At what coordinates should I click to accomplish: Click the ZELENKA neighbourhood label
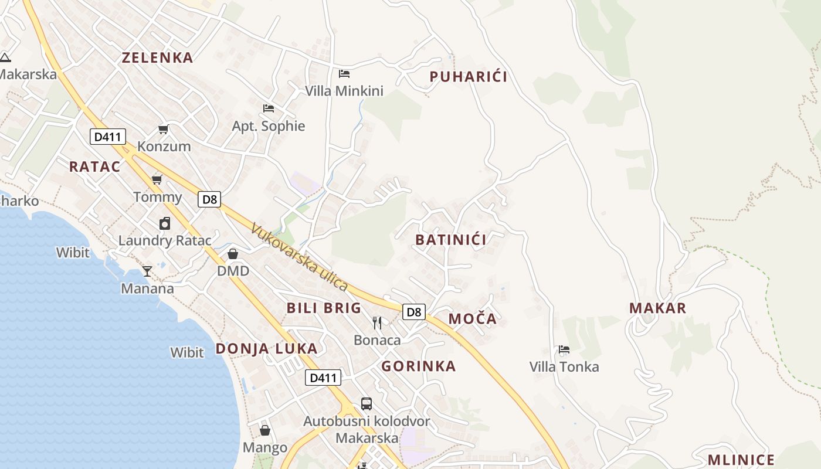pyautogui.click(x=157, y=57)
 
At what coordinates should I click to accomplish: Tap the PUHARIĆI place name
pyautogui.click(x=468, y=77)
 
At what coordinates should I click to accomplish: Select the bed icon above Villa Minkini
pyautogui.click(x=344, y=74)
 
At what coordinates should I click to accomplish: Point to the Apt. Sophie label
pyautogui.click(x=269, y=126)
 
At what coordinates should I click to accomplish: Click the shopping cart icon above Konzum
pyautogui.click(x=163, y=129)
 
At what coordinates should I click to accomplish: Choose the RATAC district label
pyautogui.click(x=94, y=166)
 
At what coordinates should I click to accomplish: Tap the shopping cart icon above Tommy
pyautogui.click(x=157, y=179)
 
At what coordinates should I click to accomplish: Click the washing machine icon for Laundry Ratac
pyautogui.click(x=165, y=223)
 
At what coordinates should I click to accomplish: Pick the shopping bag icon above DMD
pyautogui.click(x=233, y=254)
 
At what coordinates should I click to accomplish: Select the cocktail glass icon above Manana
pyautogui.click(x=147, y=271)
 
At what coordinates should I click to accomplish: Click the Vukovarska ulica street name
pyautogui.click(x=300, y=257)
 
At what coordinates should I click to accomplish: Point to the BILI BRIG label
pyautogui.click(x=324, y=308)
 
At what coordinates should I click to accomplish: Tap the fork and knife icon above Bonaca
pyautogui.click(x=377, y=322)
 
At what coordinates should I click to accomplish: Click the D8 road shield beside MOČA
pyautogui.click(x=414, y=312)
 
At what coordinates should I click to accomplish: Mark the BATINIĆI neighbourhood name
pyautogui.click(x=450, y=240)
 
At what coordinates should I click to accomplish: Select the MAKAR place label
pyautogui.click(x=657, y=308)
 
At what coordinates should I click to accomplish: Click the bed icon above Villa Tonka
pyautogui.click(x=564, y=349)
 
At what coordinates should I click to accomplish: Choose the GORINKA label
pyautogui.click(x=418, y=366)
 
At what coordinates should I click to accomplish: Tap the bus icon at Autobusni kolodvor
pyautogui.click(x=367, y=403)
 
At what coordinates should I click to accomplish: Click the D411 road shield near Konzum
pyautogui.click(x=108, y=137)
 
